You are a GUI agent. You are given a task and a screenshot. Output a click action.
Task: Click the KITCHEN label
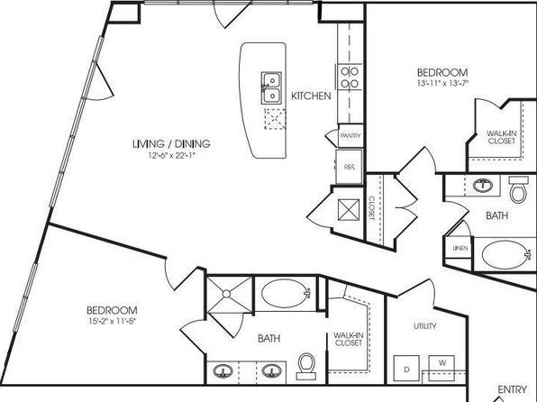pyautogui.click(x=311, y=96)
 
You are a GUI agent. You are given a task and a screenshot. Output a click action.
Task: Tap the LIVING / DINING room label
pyautogui.click(x=171, y=143)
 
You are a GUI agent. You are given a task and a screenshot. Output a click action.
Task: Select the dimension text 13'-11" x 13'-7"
pyautogui.click(x=442, y=83)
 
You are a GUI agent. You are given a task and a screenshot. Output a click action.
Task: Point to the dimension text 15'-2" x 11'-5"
pyautogui.click(x=112, y=321)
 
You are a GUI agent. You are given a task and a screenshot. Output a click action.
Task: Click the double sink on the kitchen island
pyautogui.click(x=271, y=87)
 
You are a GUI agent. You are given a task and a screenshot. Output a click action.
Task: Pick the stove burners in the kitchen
pyautogui.click(x=350, y=78)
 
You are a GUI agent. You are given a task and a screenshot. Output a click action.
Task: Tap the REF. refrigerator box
pyautogui.click(x=349, y=167)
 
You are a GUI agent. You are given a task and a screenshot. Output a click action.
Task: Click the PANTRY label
pyautogui.click(x=350, y=136)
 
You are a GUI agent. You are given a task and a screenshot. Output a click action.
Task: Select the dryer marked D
pyautogui.click(x=406, y=369)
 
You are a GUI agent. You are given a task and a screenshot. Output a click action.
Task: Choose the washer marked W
pyautogui.click(x=442, y=368)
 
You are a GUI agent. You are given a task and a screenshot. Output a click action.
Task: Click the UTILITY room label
pyautogui.click(x=425, y=326)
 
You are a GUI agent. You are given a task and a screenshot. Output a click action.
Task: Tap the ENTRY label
pyautogui.click(x=512, y=389)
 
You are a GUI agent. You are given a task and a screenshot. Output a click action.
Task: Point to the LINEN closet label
pyautogui.click(x=460, y=248)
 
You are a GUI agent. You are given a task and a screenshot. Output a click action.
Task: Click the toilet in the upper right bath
pyautogui.click(x=518, y=189)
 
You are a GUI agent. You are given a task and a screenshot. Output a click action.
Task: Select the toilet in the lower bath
pyautogui.click(x=306, y=366)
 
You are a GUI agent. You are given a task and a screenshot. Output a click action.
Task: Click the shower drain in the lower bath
pyautogui.click(x=226, y=294)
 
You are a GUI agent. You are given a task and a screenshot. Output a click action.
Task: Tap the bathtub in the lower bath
pyautogui.click(x=286, y=294)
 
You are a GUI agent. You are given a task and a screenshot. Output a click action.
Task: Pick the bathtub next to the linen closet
pyautogui.click(x=506, y=255)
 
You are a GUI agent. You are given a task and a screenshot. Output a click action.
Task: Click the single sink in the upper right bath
pyautogui.click(x=483, y=186)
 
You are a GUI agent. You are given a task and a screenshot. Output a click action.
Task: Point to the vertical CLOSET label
pyautogui.click(x=372, y=207)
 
